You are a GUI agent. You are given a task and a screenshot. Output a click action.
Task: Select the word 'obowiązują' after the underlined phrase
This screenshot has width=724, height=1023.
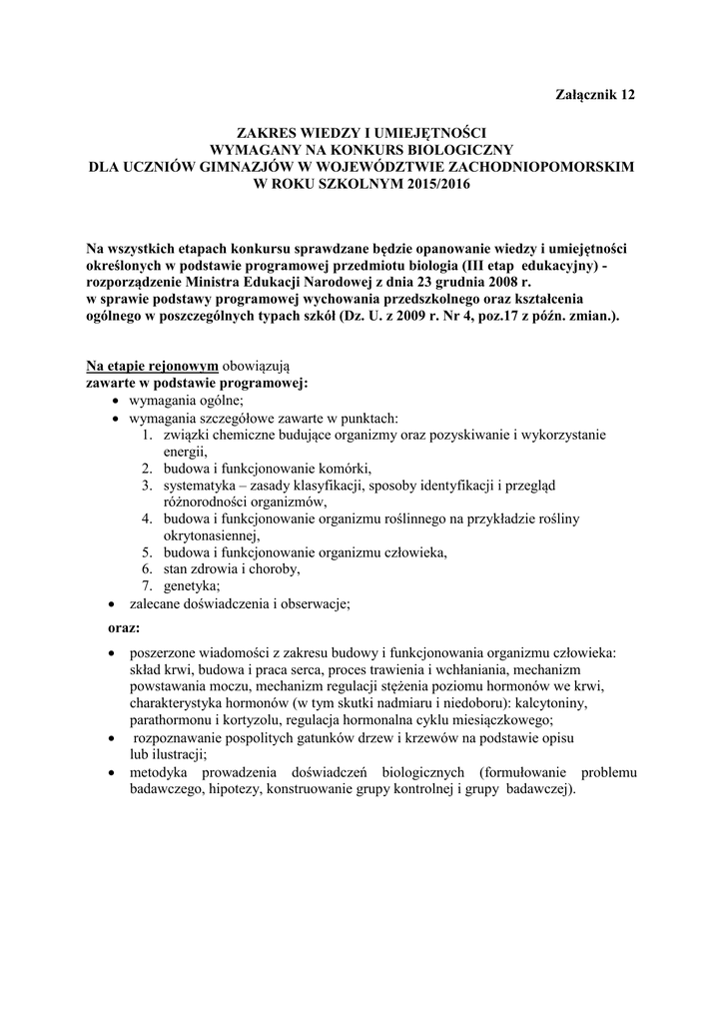[x=255, y=367]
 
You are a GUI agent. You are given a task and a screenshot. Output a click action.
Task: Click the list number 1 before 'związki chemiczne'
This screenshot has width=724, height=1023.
[x=145, y=435]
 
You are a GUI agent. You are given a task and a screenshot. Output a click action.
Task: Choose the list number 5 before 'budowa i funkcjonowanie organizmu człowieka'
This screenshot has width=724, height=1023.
[x=145, y=552]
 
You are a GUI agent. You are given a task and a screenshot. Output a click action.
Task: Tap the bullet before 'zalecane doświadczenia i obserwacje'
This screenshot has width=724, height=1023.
[x=111, y=604]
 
